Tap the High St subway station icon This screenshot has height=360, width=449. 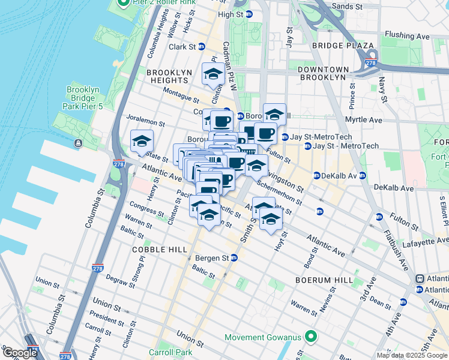pyautogui.click(x=249, y=14)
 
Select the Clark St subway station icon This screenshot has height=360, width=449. pyautogui.click(x=202, y=46)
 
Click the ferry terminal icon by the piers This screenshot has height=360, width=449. pyautogui.click(x=79, y=143)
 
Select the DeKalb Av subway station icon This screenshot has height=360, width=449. pyautogui.click(x=317, y=176)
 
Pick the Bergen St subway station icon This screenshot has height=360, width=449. pyautogui.click(x=234, y=258)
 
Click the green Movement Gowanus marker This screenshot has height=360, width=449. pyautogui.click(x=311, y=336)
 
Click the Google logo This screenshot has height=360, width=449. pyautogui.click(x=19, y=353)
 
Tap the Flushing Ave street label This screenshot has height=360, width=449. pyautogui.click(x=406, y=36)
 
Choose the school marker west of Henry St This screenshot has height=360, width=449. pyautogui.click(x=142, y=142)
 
